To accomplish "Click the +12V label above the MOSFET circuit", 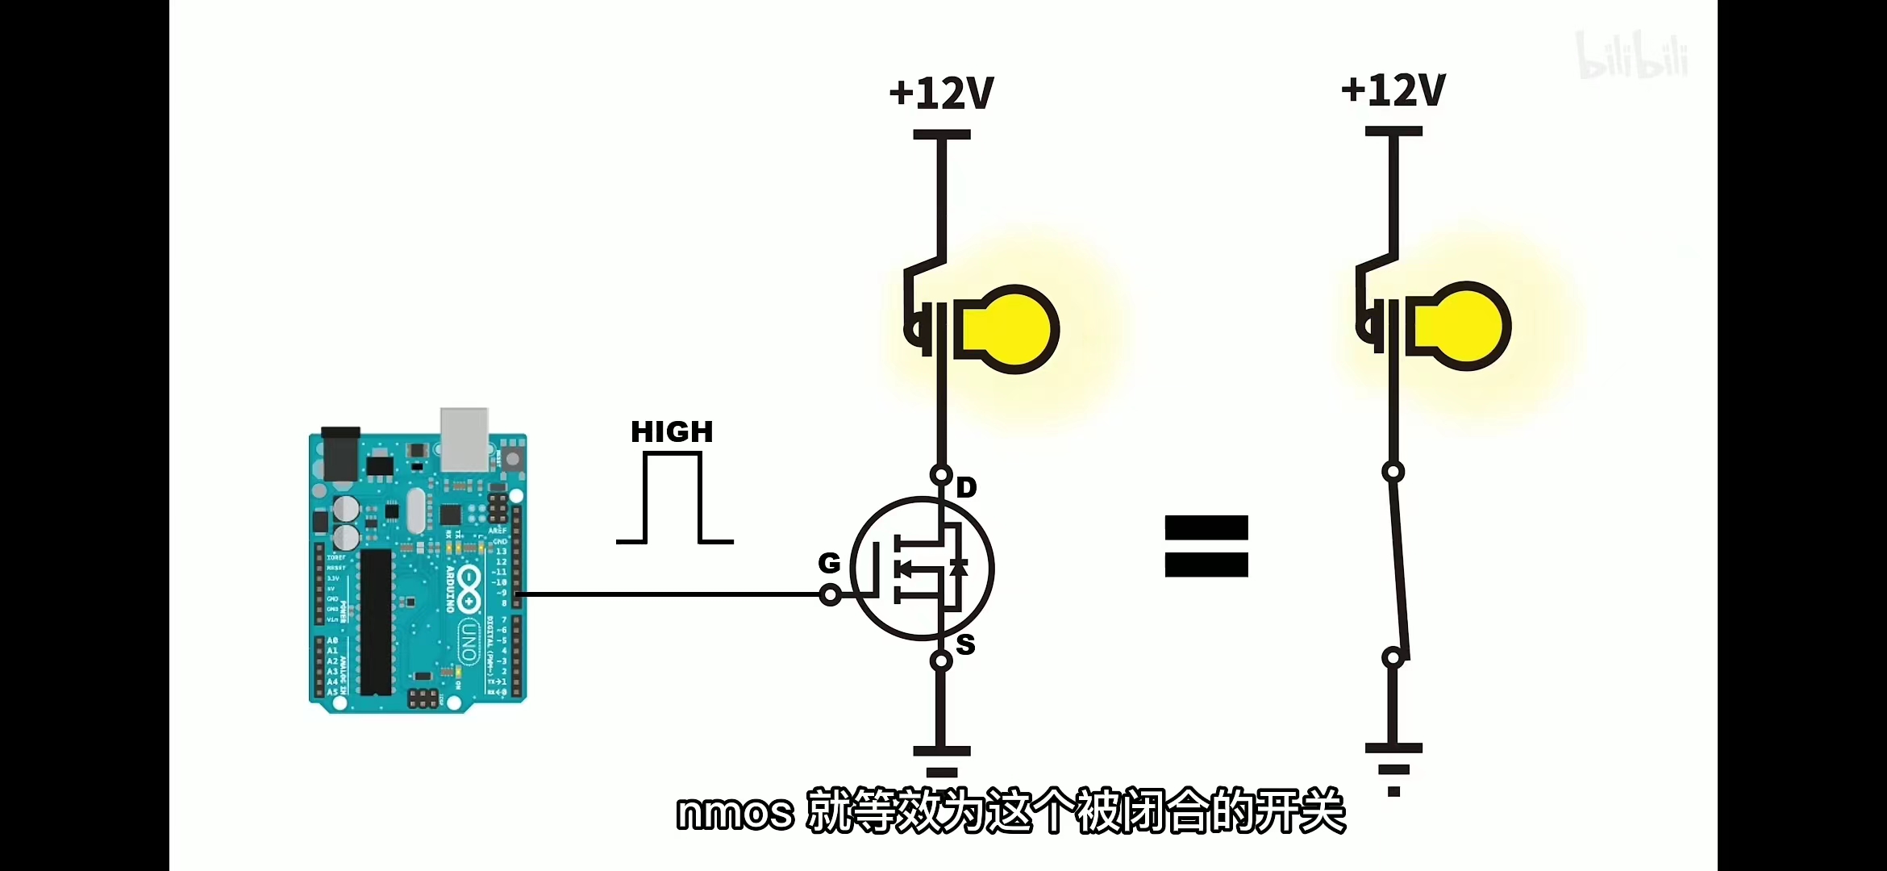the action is (x=941, y=94).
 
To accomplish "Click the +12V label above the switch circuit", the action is (x=1393, y=90).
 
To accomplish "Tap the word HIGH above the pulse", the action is (x=672, y=432).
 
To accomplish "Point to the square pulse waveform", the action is (x=673, y=498).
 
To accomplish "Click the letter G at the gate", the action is (x=829, y=563).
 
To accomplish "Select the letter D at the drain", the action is (x=966, y=488).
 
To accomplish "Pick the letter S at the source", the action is (x=965, y=645).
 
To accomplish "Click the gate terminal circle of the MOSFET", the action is (x=830, y=596).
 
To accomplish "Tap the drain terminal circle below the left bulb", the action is (x=941, y=474).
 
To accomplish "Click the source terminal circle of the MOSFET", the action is (x=941, y=661).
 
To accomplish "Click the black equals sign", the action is (x=1206, y=546).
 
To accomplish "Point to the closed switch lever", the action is (x=1402, y=565).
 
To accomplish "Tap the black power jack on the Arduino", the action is (x=340, y=453).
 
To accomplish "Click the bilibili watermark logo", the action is (x=1632, y=56).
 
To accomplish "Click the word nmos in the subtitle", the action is (x=735, y=813).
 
